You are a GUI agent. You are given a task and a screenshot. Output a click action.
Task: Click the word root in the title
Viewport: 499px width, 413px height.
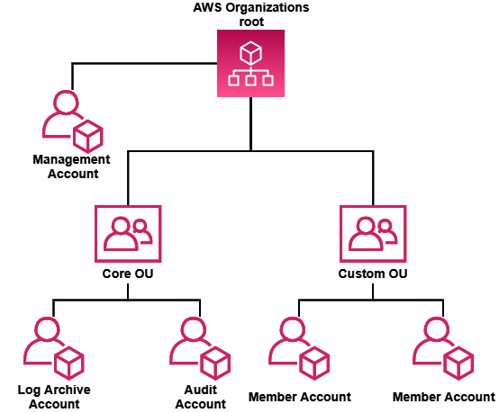(251, 21)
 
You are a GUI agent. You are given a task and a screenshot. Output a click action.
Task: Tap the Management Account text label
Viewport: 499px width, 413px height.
(71, 166)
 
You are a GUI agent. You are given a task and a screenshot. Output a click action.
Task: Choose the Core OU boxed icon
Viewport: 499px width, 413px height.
(128, 233)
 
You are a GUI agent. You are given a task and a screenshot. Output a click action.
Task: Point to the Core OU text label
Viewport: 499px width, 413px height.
(128, 273)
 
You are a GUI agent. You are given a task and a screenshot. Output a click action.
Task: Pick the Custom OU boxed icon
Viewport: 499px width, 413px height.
(372, 233)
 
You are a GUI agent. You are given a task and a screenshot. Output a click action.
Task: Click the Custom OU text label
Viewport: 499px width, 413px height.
(372, 273)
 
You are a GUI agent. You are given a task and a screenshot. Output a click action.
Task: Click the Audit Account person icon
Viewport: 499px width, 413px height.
(199, 349)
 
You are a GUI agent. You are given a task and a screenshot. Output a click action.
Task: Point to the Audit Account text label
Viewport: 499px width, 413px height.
(200, 397)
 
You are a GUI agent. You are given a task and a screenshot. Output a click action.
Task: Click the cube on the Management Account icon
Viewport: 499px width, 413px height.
(88, 138)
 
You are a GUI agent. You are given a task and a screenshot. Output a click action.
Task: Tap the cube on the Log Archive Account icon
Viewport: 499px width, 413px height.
(69, 365)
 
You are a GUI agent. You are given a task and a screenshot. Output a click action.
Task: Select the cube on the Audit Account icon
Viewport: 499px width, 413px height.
(215, 365)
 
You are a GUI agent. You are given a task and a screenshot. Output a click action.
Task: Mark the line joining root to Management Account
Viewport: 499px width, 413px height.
(144, 64)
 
